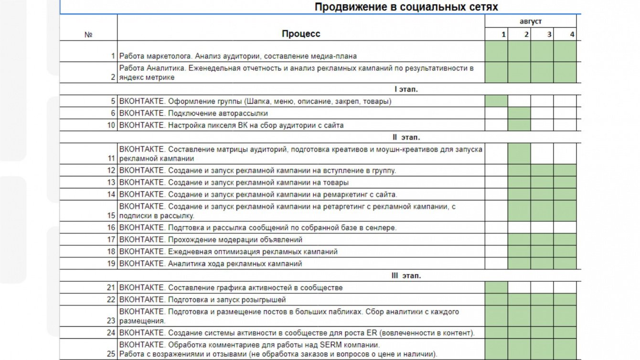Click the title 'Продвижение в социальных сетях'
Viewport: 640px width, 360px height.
coord(406,7)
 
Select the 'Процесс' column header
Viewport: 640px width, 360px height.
coord(301,34)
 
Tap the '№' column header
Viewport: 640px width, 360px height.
coord(88,34)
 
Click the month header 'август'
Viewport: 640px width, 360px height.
coord(531,21)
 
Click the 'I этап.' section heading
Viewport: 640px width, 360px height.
coord(406,89)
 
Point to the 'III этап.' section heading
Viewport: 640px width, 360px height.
coord(406,275)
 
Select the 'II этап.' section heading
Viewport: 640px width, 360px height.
coord(406,138)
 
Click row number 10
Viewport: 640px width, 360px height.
coord(112,126)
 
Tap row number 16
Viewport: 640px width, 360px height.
coord(112,228)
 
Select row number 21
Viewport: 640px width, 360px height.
coord(112,287)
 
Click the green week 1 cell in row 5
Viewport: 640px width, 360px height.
coord(496,101)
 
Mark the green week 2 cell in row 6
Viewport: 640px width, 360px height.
coord(519,113)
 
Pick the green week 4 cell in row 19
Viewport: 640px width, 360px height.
coord(565,264)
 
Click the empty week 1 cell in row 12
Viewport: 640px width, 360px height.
coord(496,170)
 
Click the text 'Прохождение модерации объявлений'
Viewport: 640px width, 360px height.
coord(235,240)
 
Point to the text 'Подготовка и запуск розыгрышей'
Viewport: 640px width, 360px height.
coord(227,300)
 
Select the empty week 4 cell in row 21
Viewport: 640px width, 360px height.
coord(565,287)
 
